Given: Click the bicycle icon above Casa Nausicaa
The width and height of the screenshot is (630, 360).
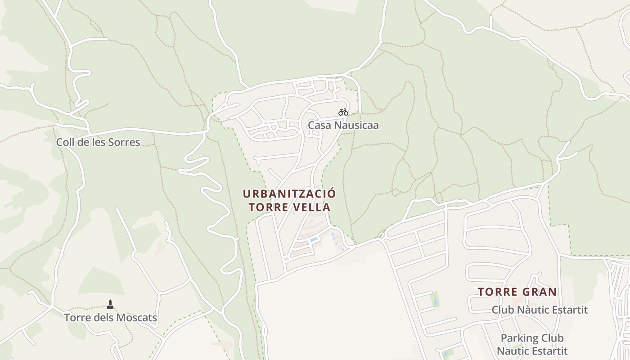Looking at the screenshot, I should [343, 112].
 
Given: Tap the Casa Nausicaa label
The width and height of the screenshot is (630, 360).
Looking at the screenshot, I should [343, 125].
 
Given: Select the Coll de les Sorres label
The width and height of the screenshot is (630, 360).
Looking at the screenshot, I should [98, 143].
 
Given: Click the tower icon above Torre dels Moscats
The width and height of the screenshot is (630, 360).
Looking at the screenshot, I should [110, 305].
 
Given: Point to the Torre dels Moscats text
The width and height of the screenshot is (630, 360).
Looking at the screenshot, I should [110, 318].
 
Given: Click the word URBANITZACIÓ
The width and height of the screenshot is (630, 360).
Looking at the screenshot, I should [289, 194].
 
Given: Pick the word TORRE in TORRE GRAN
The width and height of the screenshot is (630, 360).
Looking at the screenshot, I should [496, 292].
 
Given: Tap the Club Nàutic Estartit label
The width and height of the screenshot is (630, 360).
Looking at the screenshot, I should [540, 310].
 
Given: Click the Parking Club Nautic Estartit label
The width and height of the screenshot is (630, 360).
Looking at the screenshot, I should [532, 344].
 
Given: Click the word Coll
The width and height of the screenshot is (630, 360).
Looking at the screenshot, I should [65, 143].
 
